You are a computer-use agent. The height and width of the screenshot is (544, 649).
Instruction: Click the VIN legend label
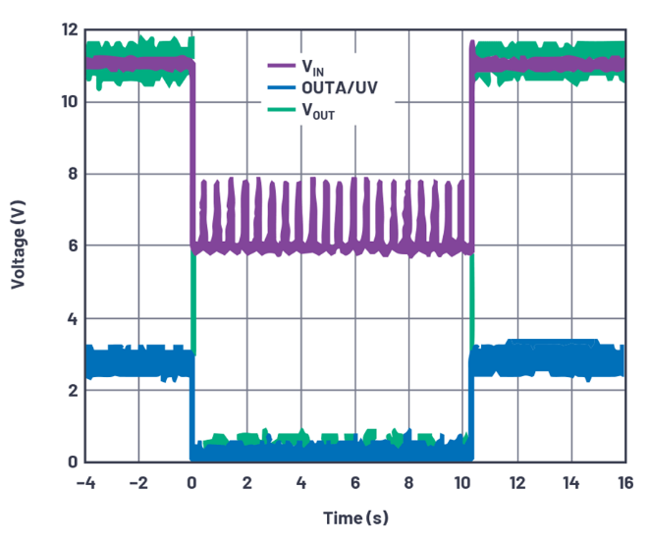(x=311, y=68)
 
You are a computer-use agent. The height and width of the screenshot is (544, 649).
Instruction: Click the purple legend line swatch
(x=282, y=67)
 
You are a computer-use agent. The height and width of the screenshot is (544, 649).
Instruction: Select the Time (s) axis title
(x=356, y=517)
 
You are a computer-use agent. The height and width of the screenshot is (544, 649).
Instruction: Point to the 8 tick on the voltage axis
(x=70, y=175)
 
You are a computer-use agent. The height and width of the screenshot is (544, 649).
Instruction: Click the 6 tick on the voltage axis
(x=70, y=246)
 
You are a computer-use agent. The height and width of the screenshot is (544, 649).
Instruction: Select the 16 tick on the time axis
(x=624, y=483)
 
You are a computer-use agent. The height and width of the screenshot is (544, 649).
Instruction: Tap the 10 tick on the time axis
(x=462, y=483)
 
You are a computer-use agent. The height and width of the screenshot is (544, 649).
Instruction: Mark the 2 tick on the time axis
(x=246, y=483)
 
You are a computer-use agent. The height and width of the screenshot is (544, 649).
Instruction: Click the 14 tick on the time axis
(x=570, y=483)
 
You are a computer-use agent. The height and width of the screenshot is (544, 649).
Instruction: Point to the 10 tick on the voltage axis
(x=65, y=102)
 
